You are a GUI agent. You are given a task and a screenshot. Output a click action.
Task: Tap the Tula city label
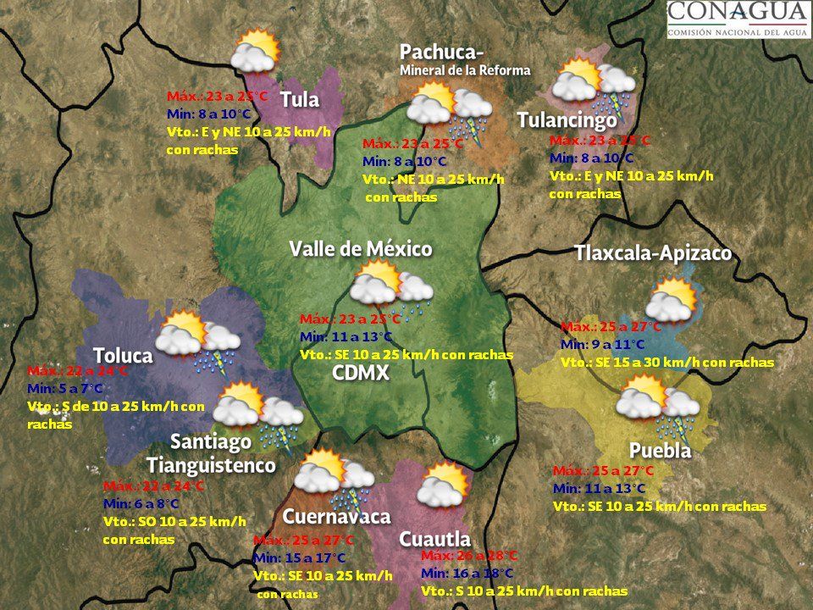tap(300, 100)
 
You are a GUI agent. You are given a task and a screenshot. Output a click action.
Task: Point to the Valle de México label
tap(361, 249)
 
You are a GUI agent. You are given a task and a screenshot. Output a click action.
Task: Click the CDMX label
tap(361, 374)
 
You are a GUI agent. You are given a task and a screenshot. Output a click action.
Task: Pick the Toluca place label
tap(123, 355)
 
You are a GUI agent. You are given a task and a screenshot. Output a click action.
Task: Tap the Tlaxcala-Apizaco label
tap(652, 253)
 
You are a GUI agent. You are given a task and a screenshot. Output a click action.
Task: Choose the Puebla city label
tap(660, 451)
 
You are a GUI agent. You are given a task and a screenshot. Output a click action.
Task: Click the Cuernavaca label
tap(336, 516)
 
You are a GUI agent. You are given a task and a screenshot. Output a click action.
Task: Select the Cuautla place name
tap(434, 538)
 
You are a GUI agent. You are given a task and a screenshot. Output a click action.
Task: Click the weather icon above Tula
tap(254, 51)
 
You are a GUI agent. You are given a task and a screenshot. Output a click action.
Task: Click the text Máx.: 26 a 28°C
tap(468, 556)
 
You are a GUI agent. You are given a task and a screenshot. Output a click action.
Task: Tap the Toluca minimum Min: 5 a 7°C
tap(65, 389)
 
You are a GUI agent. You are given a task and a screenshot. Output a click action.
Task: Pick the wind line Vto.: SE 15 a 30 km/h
tap(666, 363)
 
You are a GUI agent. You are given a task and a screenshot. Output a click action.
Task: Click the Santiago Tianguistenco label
tap(211, 453)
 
